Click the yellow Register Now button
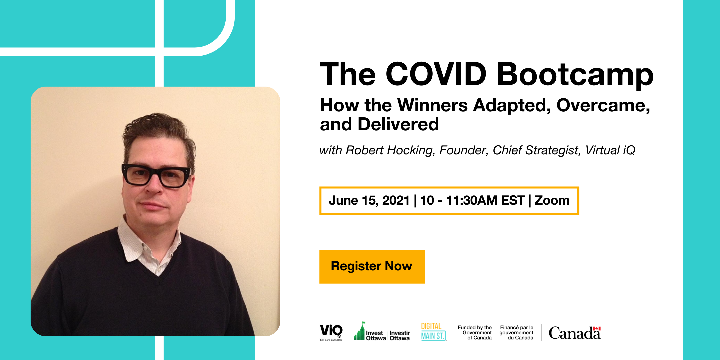coord(372,267)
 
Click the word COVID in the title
coord(436,74)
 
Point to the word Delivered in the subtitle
coord(398,124)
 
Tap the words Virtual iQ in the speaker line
coord(610,150)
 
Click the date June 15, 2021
coord(369,200)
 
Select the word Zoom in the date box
coord(552,200)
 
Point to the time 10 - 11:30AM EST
coord(472,200)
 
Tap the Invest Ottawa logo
coord(382,331)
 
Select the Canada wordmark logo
coord(575,333)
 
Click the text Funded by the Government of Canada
coord(475,333)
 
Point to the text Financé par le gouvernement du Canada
coord(516,333)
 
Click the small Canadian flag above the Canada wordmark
coord(597,328)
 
